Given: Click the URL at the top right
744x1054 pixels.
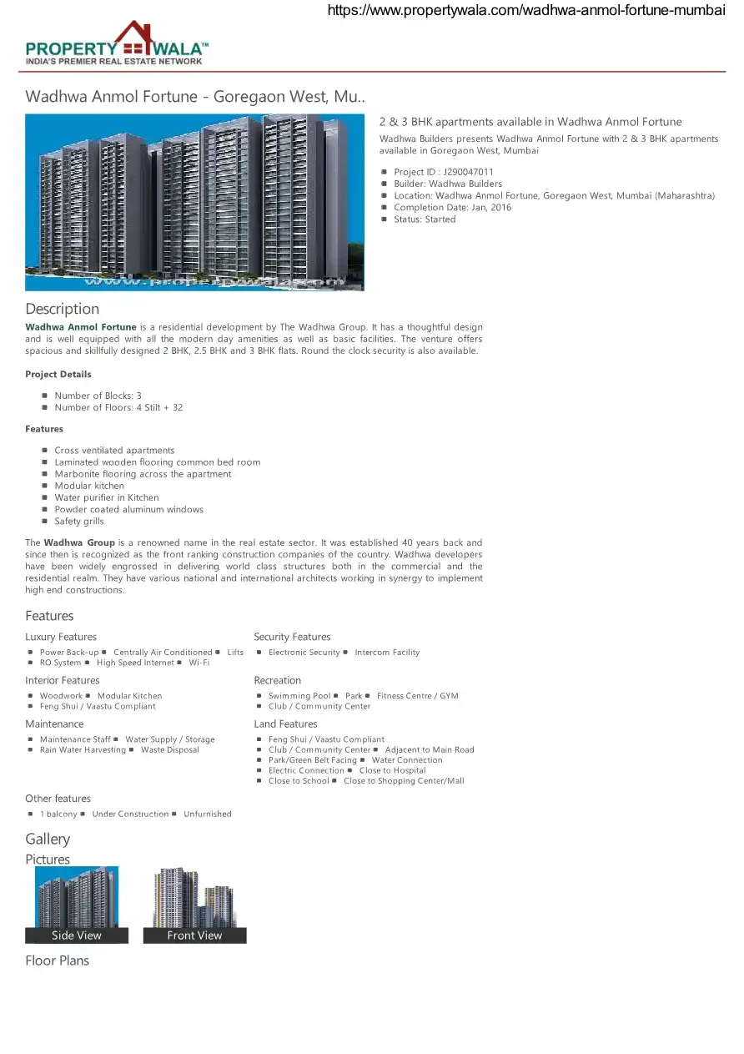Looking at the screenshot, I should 526,10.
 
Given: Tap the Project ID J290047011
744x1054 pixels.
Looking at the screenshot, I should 443,172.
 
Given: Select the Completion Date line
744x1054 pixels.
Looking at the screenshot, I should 452,208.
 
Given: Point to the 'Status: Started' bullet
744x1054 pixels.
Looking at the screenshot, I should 425,219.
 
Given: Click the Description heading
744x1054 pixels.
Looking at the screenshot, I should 62,309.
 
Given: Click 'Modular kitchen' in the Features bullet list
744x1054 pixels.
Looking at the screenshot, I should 89,486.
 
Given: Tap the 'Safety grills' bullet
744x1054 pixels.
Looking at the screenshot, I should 79,522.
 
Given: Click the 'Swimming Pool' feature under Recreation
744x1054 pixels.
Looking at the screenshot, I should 299,696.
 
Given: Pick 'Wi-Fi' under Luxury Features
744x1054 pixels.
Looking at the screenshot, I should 199,663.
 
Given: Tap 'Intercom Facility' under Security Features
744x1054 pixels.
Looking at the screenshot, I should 387,653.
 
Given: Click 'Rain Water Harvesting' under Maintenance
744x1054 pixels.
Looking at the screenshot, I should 83,750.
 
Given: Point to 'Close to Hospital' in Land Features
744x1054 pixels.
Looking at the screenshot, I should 392,771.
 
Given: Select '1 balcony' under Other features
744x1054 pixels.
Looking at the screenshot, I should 58,814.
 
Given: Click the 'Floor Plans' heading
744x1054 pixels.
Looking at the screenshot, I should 57,961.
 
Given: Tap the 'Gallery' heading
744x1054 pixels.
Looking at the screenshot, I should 48,839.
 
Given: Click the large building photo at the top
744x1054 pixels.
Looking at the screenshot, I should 194,202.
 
